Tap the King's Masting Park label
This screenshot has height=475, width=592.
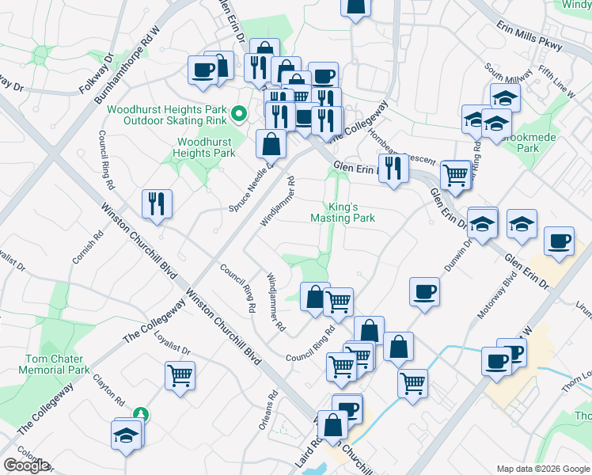pyautogui.click(x=342, y=211)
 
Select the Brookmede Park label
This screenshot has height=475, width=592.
pyautogui.click(x=539, y=142)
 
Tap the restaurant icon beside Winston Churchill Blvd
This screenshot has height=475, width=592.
pyautogui.click(x=157, y=203)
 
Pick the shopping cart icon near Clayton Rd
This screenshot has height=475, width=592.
pyautogui.click(x=180, y=375)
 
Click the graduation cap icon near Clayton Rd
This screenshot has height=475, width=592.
pyautogui.click(x=127, y=435)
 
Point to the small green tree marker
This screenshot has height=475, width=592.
pyautogui.click(x=140, y=413)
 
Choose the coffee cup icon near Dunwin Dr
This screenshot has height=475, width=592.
pyautogui.click(x=424, y=291)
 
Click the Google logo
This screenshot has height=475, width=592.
pyautogui.click(x=26, y=465)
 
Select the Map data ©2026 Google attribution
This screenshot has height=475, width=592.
pyautogui.click(x=543, y=469)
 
